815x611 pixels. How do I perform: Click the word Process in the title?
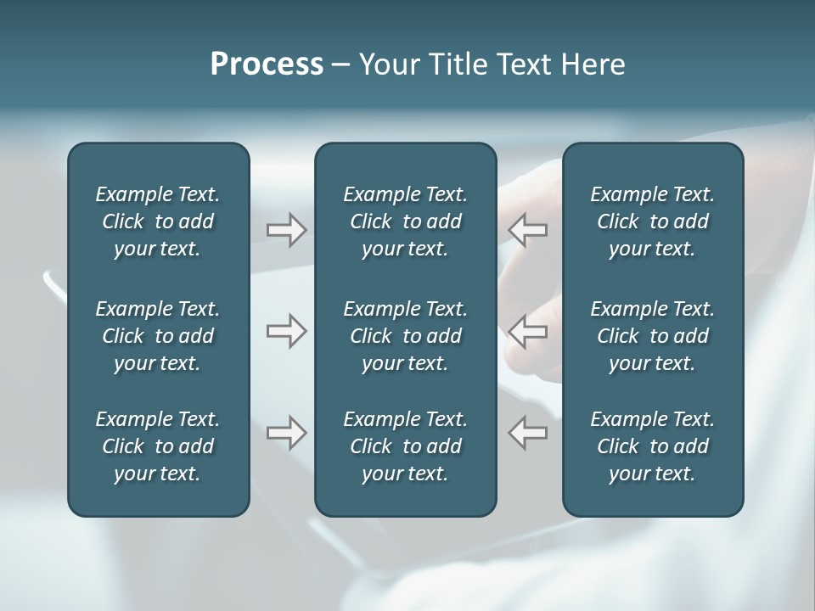[x=267, y=64]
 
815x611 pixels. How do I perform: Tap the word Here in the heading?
[x=591, y=64]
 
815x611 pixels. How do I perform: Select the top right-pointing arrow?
[x=286, y=230]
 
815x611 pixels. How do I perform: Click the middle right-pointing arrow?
[x=286, y=331]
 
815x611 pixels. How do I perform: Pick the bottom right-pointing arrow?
[x=286, y=433]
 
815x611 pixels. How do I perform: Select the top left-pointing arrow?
[x=527, y=230]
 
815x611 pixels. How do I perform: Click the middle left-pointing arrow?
[x=527, y=331]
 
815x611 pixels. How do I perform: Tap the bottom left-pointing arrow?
[x=527, y=433]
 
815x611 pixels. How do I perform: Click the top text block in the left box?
[x=158, y=221]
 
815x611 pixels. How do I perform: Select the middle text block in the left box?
[x=158, y=336]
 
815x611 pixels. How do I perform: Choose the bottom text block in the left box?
[x=158, y=446]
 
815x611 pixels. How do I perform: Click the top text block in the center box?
[x=405, y=221]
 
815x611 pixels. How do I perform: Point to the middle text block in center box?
[x=405, y=336]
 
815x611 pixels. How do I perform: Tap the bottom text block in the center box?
[x=405, y=446]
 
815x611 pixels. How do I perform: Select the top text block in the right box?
[x=652, y=221]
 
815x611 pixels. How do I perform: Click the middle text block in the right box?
[x=652, y=336]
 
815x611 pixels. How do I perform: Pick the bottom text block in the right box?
[x=652, y=446]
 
